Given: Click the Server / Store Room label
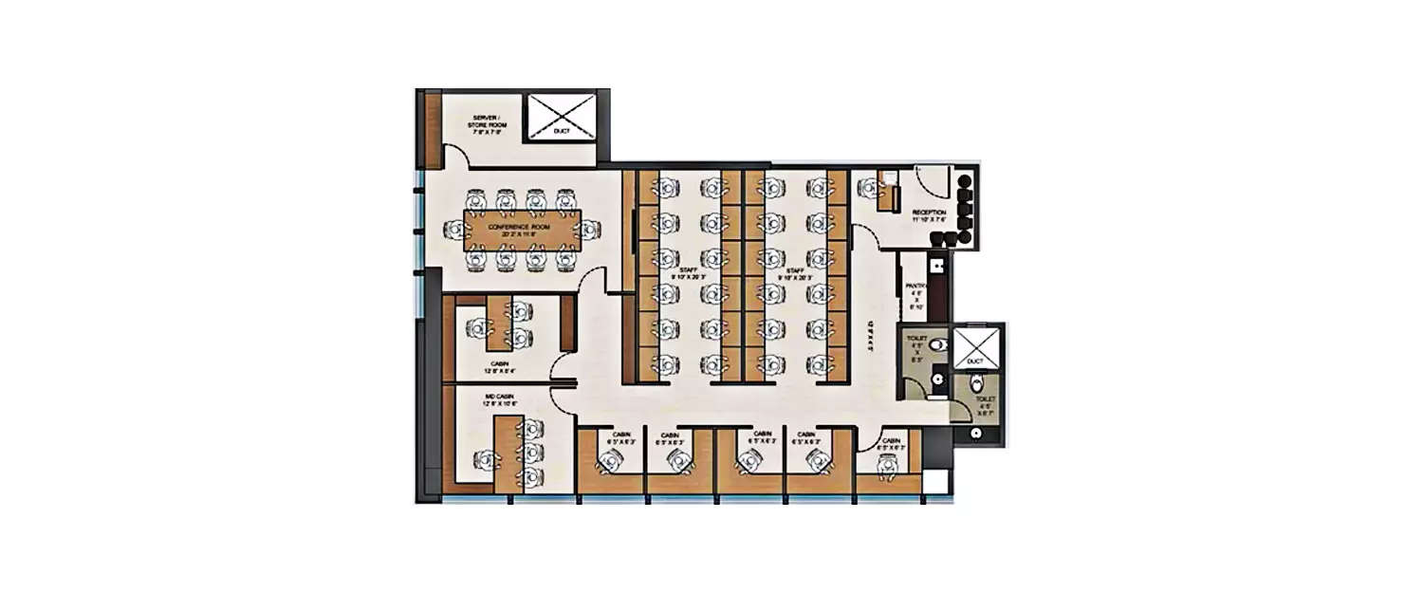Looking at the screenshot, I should (485, 124).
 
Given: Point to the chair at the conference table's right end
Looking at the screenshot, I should (589, 229).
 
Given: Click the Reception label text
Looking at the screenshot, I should (929, 214).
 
